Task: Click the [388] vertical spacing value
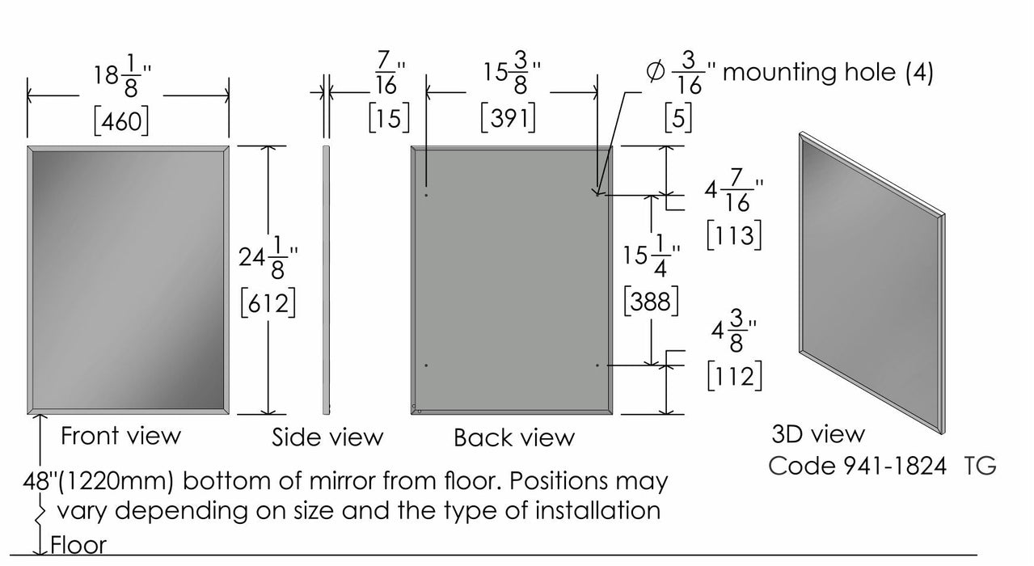(651, 302)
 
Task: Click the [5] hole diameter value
(677, 120)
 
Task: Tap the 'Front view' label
(121, 436)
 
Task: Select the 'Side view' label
(327, 437)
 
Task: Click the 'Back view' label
(514, 438)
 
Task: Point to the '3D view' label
(817, 434)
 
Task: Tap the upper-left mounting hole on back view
(427, 194)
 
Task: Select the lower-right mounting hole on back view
(597, 365)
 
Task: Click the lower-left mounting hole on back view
(427, 365)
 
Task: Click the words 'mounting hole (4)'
(827, 72)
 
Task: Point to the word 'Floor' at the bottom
(78, 545)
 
